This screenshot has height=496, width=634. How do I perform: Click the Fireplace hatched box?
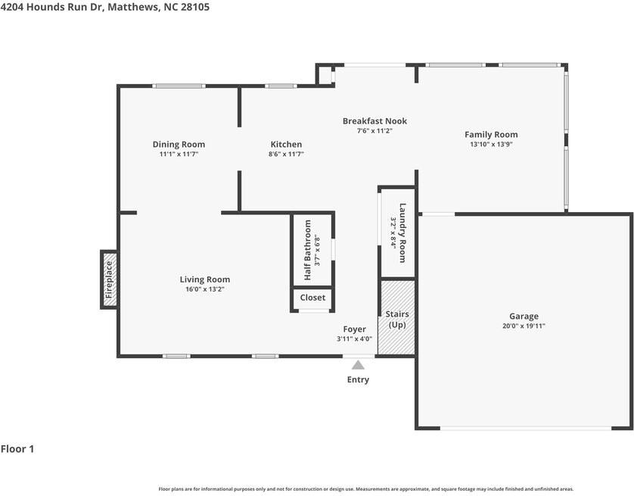click(109, 279)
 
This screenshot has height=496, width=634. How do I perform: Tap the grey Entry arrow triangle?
click(358, 365)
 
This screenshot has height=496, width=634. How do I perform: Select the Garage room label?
click(524, 316)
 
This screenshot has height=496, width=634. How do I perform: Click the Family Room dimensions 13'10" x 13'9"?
click(491, 145)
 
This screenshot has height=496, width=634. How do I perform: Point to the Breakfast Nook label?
click(374, 121)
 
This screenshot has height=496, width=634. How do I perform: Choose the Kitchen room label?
click(286, 145)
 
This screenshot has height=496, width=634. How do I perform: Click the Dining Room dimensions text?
click(179, 154)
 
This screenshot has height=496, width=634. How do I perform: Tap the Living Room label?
click(205, 279)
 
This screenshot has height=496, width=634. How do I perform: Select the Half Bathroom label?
click(308, 250)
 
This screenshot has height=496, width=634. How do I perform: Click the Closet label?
click(312, 298)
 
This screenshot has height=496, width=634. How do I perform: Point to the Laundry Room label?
click(402, 232)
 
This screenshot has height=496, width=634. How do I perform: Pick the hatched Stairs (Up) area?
click(396, 318)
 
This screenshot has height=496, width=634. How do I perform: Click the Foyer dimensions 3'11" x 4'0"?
click(355, 339)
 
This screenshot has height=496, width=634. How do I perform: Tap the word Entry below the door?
click(358, 379)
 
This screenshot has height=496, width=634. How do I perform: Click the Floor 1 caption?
click(17, 448)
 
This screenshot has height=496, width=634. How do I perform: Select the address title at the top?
click(105, 7)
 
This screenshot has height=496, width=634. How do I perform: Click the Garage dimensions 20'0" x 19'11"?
click(524, 326)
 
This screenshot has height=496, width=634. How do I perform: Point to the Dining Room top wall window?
click(179, 86)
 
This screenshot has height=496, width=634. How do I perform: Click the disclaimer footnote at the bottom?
click(366, 489)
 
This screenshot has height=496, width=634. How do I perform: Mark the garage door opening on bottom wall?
click(526, 428)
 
